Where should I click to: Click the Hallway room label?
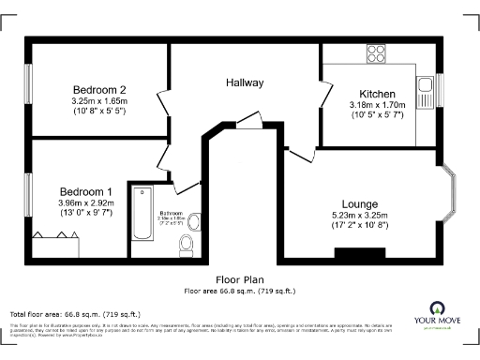pyautogui.click(x=245, y=82)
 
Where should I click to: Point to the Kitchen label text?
pyautogui.click(x=377, y=95)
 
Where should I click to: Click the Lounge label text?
pyautogui.click(x=360, y=203)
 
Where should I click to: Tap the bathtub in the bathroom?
pyautogui.click(x=143, y=214)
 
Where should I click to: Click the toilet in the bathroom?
pyautogui.click(x=185, y=246)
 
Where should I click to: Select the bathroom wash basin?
pyautogui.click(x=194, y=221)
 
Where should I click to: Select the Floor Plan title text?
pyautogui.click(x=240, y=279)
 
